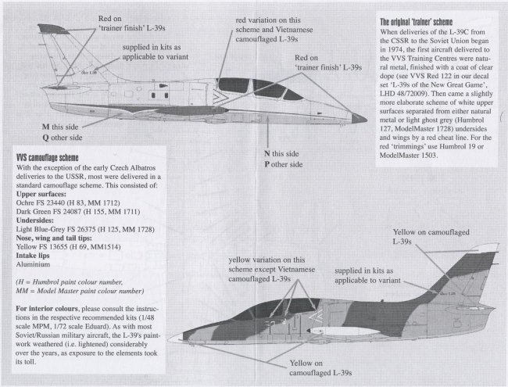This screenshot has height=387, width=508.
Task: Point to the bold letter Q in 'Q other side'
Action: [44, 139]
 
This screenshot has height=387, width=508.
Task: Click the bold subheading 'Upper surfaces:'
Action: [46, 191]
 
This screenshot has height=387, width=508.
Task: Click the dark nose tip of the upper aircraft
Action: [360, 117]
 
